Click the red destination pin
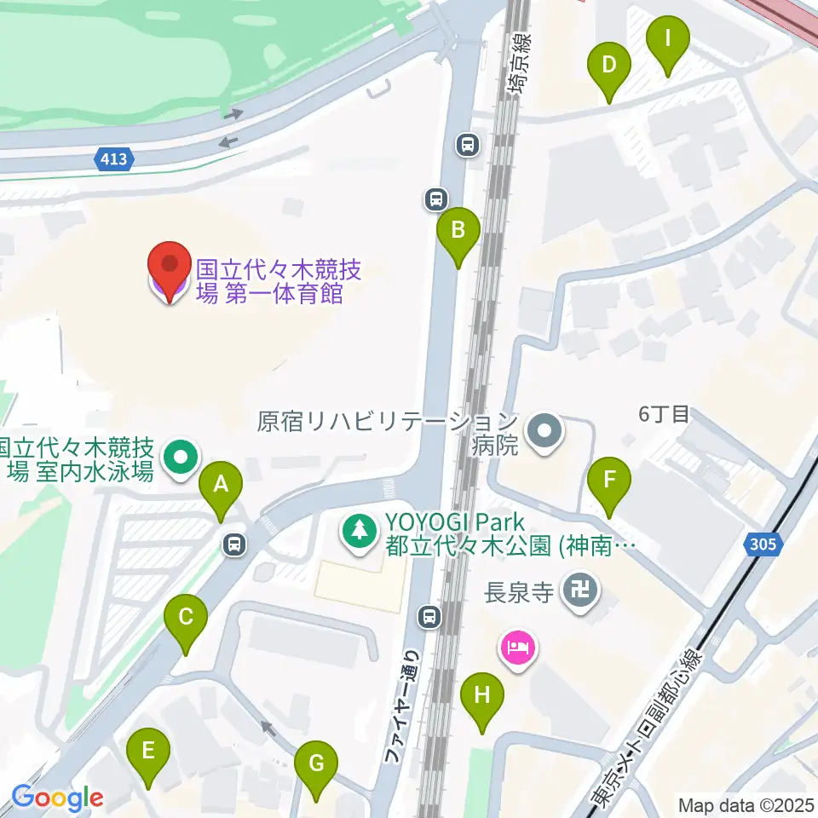coord(170,271)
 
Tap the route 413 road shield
coord(113,158)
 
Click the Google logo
coord(57,799)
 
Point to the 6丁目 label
coord(664,414)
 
